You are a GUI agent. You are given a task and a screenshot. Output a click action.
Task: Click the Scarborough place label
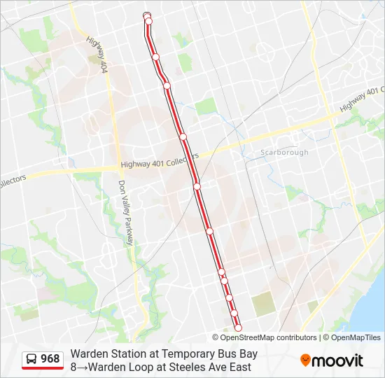click(284, 152)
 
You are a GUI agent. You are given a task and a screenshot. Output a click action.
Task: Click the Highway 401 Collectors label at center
click(160, 162)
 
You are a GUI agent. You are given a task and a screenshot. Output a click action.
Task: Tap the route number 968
click(50, 359)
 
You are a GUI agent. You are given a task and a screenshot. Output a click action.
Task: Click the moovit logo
click(332, 360)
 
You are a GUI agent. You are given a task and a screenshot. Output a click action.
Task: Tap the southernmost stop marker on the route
click(238, 328)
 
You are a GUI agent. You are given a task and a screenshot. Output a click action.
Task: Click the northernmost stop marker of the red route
click(147, 16)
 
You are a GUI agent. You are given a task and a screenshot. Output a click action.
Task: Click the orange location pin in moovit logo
click(306, 360)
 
